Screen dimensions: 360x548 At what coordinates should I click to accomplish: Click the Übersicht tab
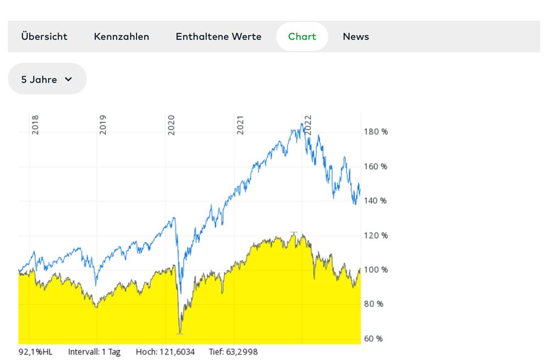(x=44, y=37)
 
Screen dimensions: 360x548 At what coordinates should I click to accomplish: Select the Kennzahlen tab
(x=121, y=37)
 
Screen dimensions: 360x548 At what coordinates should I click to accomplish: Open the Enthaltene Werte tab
(x=218, y=37)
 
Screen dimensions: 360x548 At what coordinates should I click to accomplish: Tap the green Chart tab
(x=302, y=37)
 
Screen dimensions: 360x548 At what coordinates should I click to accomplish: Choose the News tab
(x=355, y=37)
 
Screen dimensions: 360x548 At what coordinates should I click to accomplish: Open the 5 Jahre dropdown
(x=47, y=79)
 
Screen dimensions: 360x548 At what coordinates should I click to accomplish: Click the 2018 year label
(x=35, y=125)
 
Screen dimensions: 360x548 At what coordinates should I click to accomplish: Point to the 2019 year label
(x=103, y=125)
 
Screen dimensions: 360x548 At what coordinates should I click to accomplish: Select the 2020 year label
(x=171, y=125)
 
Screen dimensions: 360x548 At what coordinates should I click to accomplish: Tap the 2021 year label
(x=240, y=125)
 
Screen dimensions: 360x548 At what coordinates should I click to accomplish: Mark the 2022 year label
(x=308, y=125)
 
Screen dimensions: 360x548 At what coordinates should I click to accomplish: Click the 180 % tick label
(x=376, y=132)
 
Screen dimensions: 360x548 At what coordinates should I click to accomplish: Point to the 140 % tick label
(x=376, y=201)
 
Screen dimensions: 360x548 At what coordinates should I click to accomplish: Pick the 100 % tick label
(x=376, y=270)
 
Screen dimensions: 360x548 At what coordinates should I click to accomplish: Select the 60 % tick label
(x=374, y=339)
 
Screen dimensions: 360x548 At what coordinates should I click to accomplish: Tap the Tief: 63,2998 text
(x=233, y=352)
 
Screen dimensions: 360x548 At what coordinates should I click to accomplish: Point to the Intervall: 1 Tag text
(x=94, y=352)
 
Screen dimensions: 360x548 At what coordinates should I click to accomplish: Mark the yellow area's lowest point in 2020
(x=179, y=333)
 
